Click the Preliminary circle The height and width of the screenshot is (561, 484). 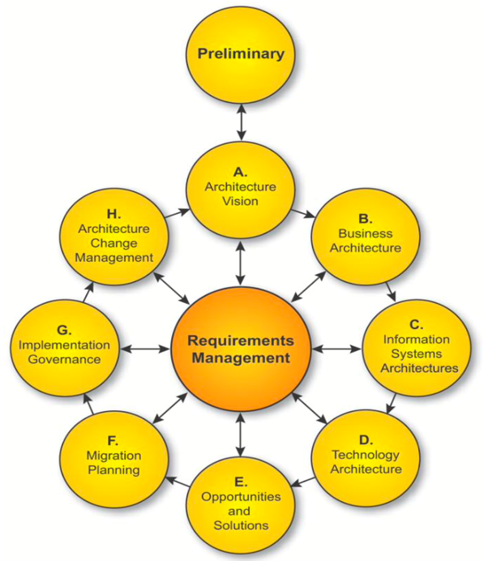[241, 54]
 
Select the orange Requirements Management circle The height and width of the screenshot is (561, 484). [241, 349]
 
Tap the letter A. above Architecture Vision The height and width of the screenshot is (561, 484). [241, 173]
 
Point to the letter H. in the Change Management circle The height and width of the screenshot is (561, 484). [114, 214]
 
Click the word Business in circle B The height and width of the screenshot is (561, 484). [366, 233]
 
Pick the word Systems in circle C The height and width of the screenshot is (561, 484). [416, 353]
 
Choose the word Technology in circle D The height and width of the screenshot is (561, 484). [366, 455]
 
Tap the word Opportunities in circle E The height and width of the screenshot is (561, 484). [241, 497]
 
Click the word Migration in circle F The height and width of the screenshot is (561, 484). [114, 456]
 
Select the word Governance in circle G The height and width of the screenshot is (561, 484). [64, 359]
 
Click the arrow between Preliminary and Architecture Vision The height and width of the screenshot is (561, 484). [242, 122]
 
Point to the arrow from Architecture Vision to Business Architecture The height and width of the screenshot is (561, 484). [303, 213]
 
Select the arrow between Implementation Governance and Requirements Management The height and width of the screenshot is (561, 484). [145, 349]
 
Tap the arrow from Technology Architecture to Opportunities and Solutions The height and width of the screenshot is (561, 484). [303, 482]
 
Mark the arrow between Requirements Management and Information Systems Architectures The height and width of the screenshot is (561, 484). [337, 349]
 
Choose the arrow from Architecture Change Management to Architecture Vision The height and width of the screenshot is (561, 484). [177, 213]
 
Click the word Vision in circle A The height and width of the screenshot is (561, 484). [241, 201]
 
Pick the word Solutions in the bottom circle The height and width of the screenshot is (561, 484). [241, 525]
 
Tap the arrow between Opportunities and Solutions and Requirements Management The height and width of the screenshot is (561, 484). [241, 435]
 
